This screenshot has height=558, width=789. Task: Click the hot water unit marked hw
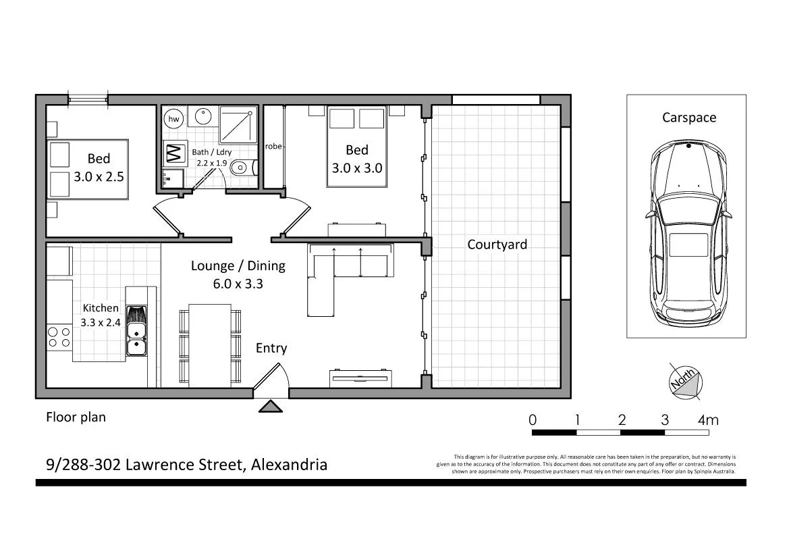point(174,119)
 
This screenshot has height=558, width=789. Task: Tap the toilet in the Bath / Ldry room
point(241,167)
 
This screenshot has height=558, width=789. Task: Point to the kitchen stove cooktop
point(59,336)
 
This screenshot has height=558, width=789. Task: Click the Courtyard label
point(497,245)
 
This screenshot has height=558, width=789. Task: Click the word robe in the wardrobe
point(273,146)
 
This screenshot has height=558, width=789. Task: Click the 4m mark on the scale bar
point(708,420)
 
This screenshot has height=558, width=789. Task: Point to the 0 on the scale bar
point(533,420)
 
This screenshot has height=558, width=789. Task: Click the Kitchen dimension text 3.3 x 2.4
point(101,322)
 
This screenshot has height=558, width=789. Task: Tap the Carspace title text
point(688,118)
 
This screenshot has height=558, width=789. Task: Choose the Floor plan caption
point(76,417)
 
